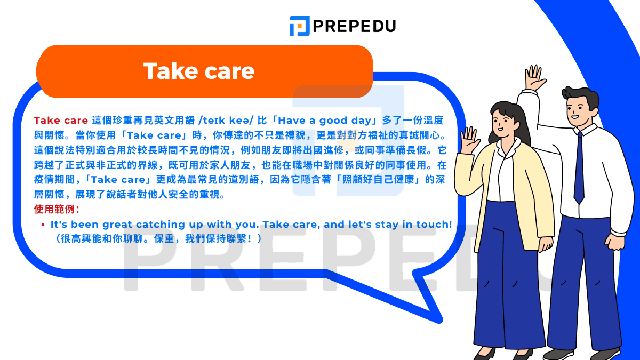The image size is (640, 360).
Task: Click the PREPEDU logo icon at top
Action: tap(299, 26)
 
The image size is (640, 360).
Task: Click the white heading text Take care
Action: tap(199, 71)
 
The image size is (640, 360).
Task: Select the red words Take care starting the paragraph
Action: tap(60, 121)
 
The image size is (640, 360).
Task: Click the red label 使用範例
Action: tap(56, 209)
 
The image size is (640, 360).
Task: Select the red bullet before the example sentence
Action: tap(43, 225)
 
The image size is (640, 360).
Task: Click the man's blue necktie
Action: tap(579, 168)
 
